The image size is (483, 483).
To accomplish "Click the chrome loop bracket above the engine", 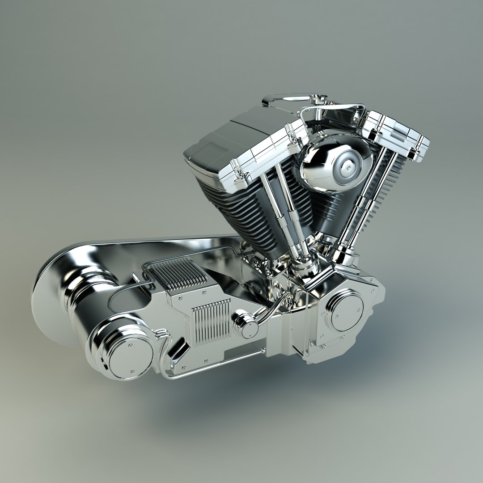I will coord(291,98).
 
